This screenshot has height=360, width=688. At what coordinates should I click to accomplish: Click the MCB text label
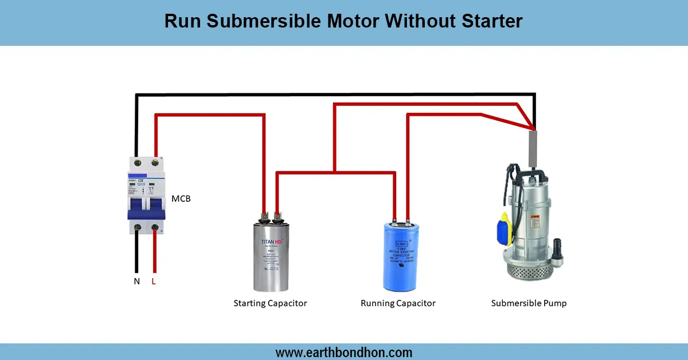(181, 199)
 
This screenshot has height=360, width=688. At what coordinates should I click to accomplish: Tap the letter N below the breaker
(136, 281)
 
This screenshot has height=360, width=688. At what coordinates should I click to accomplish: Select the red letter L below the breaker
(154, 281)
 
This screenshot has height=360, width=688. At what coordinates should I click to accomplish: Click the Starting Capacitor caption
(270, 303)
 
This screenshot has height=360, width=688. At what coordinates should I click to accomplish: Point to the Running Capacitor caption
(398, 303)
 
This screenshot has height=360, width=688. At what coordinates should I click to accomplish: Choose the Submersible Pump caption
(529, 303)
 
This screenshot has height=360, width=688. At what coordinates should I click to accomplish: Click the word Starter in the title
(491, 21)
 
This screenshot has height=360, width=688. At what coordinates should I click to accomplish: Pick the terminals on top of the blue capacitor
(400, 220)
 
